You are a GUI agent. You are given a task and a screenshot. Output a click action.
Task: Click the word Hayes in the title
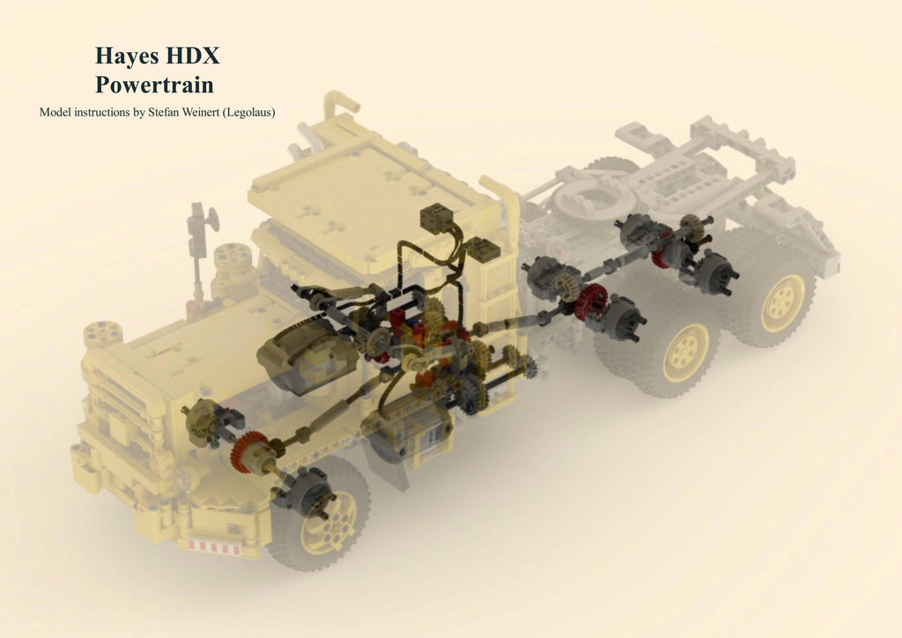tap(127, 56)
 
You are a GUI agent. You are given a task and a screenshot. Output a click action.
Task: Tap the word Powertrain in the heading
tap(154, 85)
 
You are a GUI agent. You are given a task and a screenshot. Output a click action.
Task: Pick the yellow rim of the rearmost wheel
tap(782, 302)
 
